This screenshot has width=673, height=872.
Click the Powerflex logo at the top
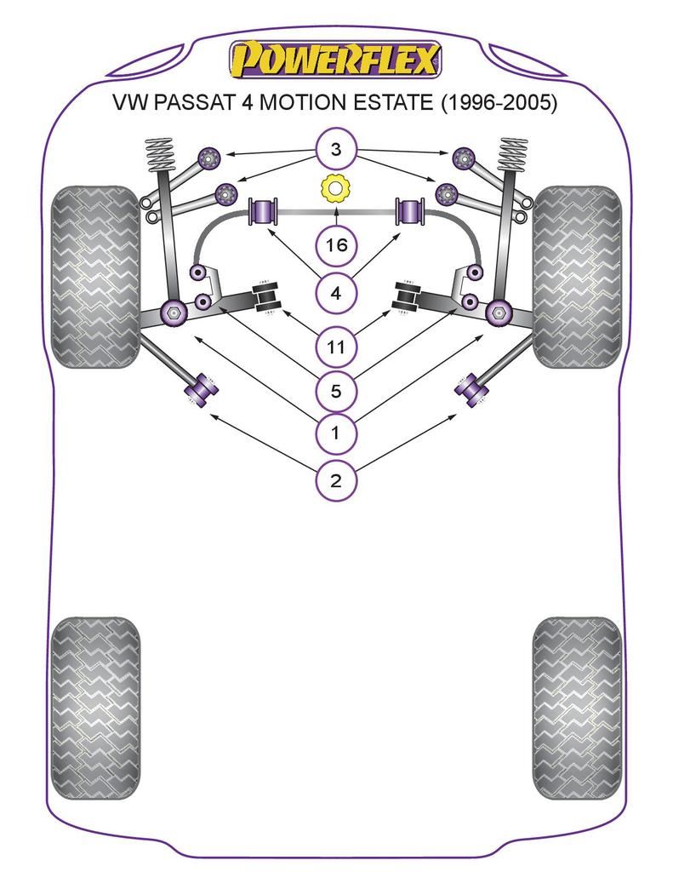click(335, 60)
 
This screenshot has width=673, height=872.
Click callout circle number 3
click(335, 152)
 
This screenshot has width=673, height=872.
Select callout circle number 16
click(335, 246)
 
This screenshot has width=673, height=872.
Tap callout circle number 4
click(335, 295)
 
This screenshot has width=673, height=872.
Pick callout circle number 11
click(335, 347)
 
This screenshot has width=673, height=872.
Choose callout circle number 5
click(335, 392)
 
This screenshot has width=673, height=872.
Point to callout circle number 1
click(335, 433)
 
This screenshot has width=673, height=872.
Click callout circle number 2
click(335, 481)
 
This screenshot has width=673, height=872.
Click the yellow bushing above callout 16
click(335, 188)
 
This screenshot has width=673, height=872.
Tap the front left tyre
click(94, 277)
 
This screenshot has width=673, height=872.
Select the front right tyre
click(578, 277)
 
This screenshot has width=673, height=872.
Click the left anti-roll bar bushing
click(264, 212)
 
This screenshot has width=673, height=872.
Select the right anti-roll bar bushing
click(411, 212)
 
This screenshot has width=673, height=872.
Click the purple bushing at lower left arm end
click(201, 390)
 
